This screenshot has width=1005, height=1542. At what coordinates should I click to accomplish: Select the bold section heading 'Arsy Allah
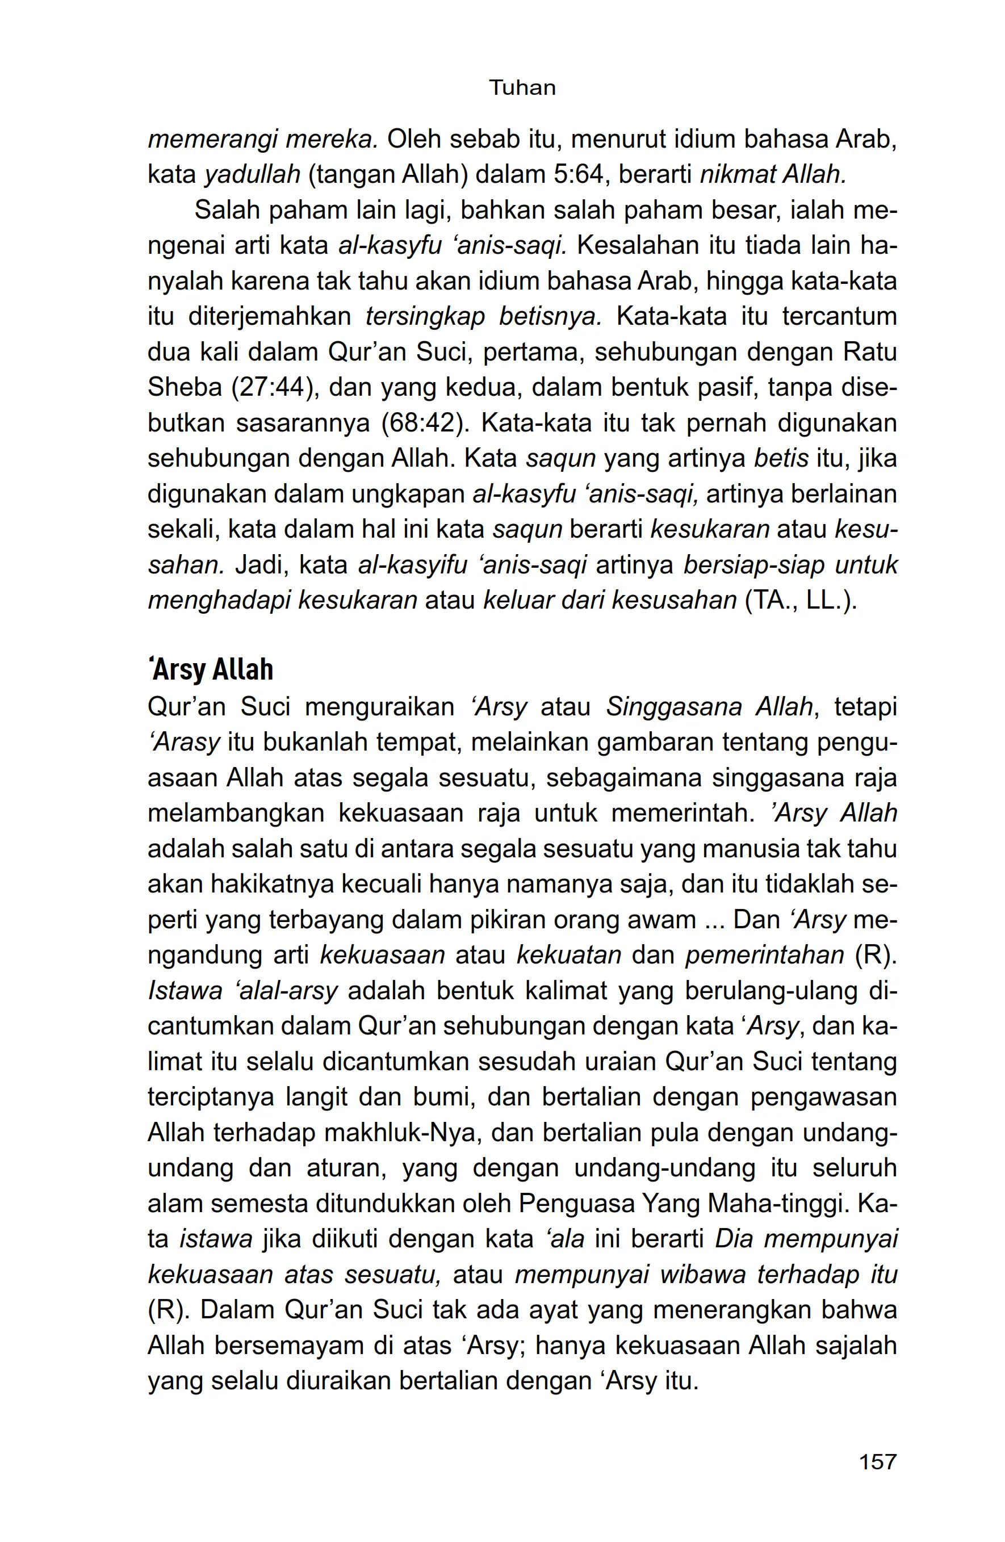(x=211, y=669)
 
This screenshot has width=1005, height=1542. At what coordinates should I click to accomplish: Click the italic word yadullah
(x=253, y=174)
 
